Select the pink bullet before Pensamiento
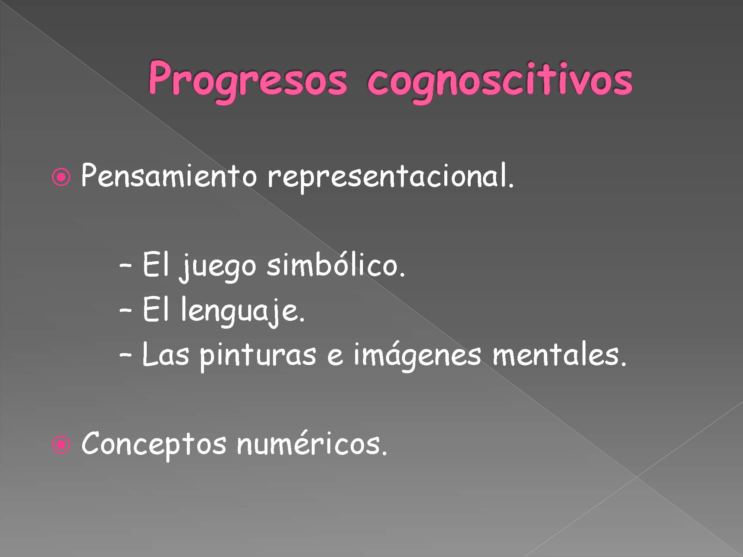point(61,178)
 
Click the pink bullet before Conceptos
point(61,445)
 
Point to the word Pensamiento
point(169,175)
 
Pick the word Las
point(166,354)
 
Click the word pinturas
point(258,356)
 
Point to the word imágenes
point(417,356)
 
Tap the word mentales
point(559,354)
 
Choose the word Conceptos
point(153,445)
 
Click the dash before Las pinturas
point(126,355)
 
